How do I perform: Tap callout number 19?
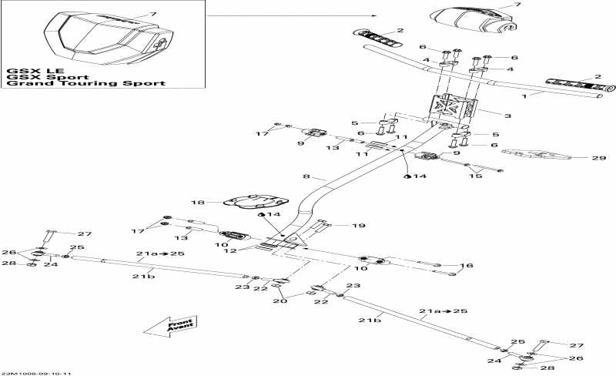[360, 226]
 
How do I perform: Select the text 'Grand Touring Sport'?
[85, 83]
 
